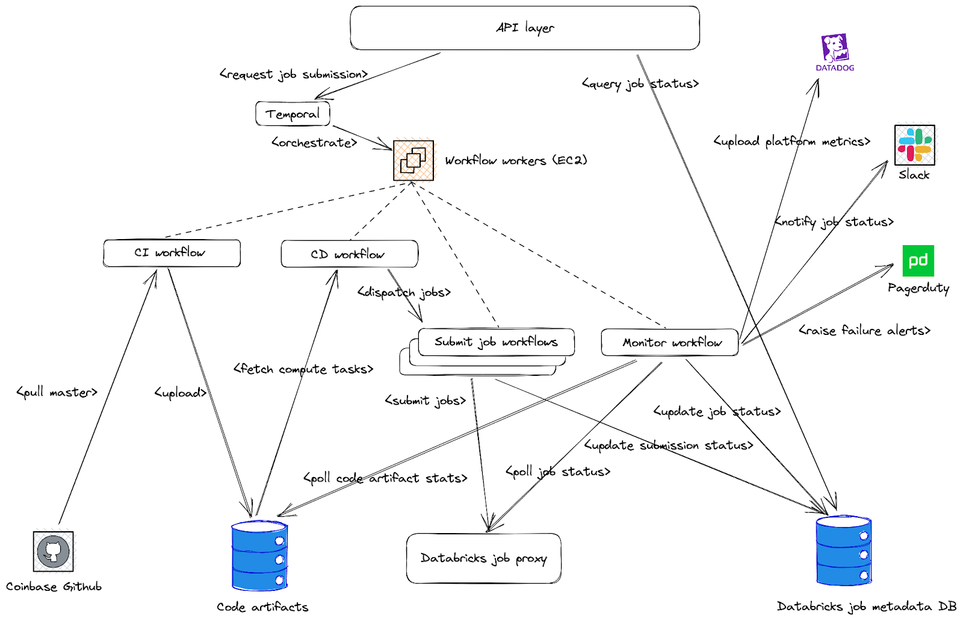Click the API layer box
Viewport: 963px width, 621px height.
pos(524,28)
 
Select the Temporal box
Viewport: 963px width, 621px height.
pos(293,114)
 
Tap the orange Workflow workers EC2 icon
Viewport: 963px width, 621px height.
pos(413,160)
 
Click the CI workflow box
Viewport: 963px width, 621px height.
pos(172,253)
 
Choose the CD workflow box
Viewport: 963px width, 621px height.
pos(349,254)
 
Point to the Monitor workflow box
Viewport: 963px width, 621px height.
pos(670,342)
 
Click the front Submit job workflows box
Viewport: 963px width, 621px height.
pos(496,342)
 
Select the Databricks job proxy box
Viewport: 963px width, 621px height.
pos(483,558)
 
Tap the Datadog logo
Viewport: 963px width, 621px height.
pos(835,49)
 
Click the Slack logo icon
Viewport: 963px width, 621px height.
pos(914,145)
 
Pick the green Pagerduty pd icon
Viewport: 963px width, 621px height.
pos(918,261)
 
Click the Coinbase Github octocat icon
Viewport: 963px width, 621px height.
pos(54,551)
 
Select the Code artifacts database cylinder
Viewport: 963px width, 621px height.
pos(259,555)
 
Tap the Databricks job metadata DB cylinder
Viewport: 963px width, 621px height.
pos(843,551)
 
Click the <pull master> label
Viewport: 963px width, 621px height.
pos(57,393)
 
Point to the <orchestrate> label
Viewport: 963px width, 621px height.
pos(314,143)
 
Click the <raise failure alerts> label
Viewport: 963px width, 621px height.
pos(864,331)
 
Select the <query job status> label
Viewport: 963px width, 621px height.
pos(640,84)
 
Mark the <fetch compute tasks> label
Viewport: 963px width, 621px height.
pos(303,369)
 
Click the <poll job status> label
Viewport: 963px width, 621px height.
pos(558,472)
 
